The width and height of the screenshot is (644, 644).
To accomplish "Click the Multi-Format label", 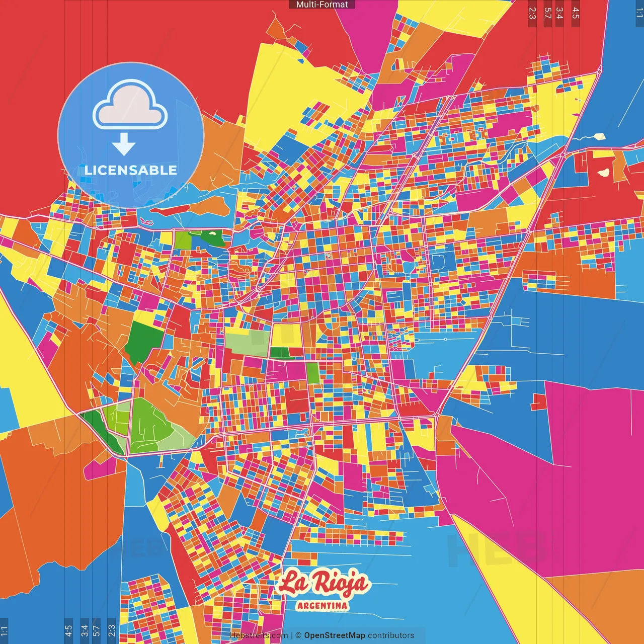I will click(x=322, y=5).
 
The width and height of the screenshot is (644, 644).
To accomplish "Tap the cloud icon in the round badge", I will click(x=130, y=105).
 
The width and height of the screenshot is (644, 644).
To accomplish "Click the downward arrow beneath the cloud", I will click(x=124, y=144).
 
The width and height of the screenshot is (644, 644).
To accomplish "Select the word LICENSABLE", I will click(x=131, y=170).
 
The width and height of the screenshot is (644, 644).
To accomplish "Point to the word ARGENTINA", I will click(x=323, y=605).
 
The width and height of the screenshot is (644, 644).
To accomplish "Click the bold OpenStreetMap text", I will click(x=334, y=635).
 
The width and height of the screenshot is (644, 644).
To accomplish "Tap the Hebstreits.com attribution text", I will click(x=259, y=635).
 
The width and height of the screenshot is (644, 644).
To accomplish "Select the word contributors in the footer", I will click(x=391, y=635).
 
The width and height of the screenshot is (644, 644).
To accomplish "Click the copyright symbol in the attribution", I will click(x=298, y=635).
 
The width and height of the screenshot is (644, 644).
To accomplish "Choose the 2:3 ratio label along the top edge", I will click(x=532, y=13).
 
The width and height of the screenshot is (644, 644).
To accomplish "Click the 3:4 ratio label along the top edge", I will click(x=559, y=13).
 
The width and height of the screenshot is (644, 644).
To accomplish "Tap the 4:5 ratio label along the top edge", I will click(x=576, y=13).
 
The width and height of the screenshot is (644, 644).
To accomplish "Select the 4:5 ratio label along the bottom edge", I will click(x=68, y=631).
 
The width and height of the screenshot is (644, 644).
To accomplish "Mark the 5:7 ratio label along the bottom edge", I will click(x=97, y=631).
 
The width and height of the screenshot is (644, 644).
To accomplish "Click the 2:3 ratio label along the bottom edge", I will click(x=112, y=631).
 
